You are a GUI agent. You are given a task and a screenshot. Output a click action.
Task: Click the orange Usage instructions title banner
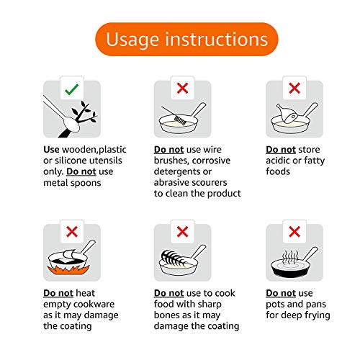(180, 39)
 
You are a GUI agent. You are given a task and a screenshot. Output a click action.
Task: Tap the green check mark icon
(71, 90)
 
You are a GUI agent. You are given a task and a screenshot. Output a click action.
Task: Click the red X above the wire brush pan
(182, 90)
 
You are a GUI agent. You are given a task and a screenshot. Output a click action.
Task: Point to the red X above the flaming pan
(71, 233)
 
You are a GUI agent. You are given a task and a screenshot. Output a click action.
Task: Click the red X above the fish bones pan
(182, 233)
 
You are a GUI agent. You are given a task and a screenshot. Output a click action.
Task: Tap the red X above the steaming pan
(294, 233)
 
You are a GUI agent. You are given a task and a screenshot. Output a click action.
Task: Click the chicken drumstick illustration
(284, 112)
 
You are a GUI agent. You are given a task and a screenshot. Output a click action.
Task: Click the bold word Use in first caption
(53, 150)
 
